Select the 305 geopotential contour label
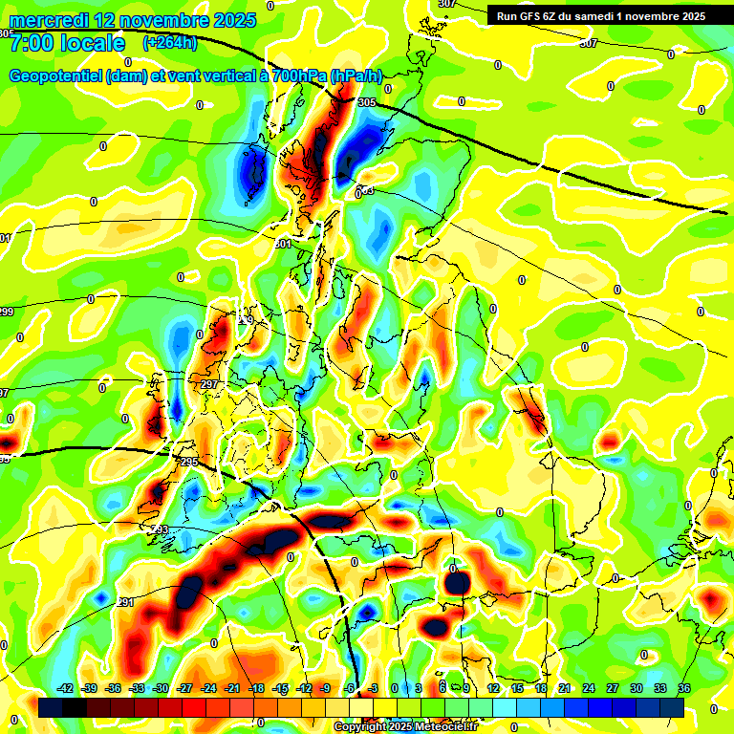(367, 102)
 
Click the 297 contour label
(210, 384)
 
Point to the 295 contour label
(187, 462)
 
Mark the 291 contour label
(125, 602)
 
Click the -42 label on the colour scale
(65, 688)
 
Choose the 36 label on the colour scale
(684, 688)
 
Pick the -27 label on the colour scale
(184, 688)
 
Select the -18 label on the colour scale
(256, 688)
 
